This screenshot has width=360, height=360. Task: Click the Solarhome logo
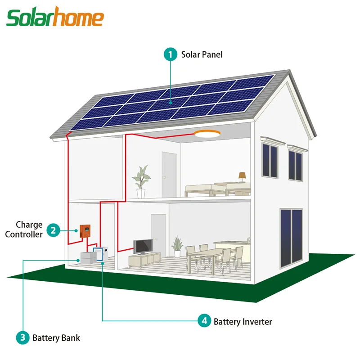coord(55,18)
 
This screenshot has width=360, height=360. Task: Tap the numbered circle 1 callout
coord(170,55)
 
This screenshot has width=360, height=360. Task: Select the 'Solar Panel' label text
coord(202,55)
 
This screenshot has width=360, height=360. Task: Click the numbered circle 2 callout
coord(54,230)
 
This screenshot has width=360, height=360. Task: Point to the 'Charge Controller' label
coord(29,229)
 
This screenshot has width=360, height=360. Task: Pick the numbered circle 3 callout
coord(22,337)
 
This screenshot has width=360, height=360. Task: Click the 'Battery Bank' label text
coord(56,337)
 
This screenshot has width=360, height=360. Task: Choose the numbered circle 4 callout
coord(204,321)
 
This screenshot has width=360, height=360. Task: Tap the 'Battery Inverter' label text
coord(243,321)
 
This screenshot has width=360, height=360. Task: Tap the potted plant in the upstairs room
coord(141,181)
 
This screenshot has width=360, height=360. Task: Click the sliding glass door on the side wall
coord(291,238)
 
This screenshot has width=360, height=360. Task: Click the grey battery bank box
coord(87,259)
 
